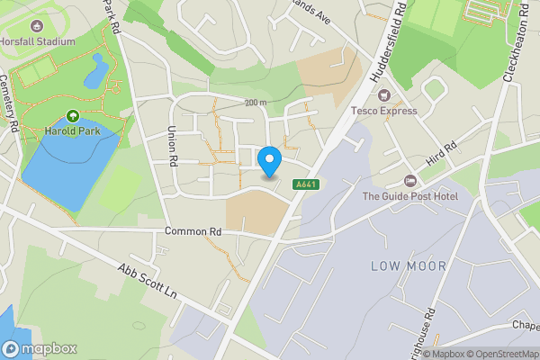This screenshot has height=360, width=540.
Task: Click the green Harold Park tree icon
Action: click(73, 116)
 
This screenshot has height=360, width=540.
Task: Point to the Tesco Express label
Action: click(384, 111)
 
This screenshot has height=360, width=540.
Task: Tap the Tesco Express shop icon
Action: click(384, 95)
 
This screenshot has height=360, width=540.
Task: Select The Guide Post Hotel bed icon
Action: click(410, 181)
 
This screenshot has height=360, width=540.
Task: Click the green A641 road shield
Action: click(306, 184)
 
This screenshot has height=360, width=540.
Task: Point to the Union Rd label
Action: click(170, 144)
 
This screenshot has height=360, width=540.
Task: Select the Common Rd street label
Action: click(193, 231)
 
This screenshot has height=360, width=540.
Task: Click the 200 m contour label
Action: click(255, 103)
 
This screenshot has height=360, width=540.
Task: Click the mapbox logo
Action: click(40, 348)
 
